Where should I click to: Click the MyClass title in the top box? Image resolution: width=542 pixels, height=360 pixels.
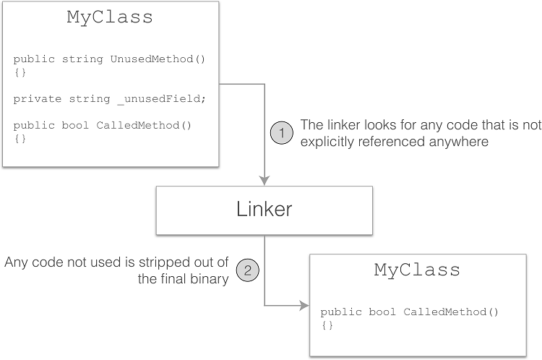click(110, 18)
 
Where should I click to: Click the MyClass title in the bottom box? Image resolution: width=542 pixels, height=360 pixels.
click(417, 270)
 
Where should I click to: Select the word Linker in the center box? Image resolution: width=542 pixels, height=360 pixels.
click(264, 210)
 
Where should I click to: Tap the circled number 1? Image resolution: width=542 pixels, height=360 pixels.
click(282, 134)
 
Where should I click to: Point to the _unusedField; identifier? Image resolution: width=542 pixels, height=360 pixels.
click(150, 98)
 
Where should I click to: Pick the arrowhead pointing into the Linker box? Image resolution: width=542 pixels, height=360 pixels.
click(264, 181)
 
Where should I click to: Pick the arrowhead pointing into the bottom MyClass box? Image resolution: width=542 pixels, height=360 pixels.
click(304, 305)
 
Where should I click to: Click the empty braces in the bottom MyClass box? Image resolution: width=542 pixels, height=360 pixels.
click(327, 325)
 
